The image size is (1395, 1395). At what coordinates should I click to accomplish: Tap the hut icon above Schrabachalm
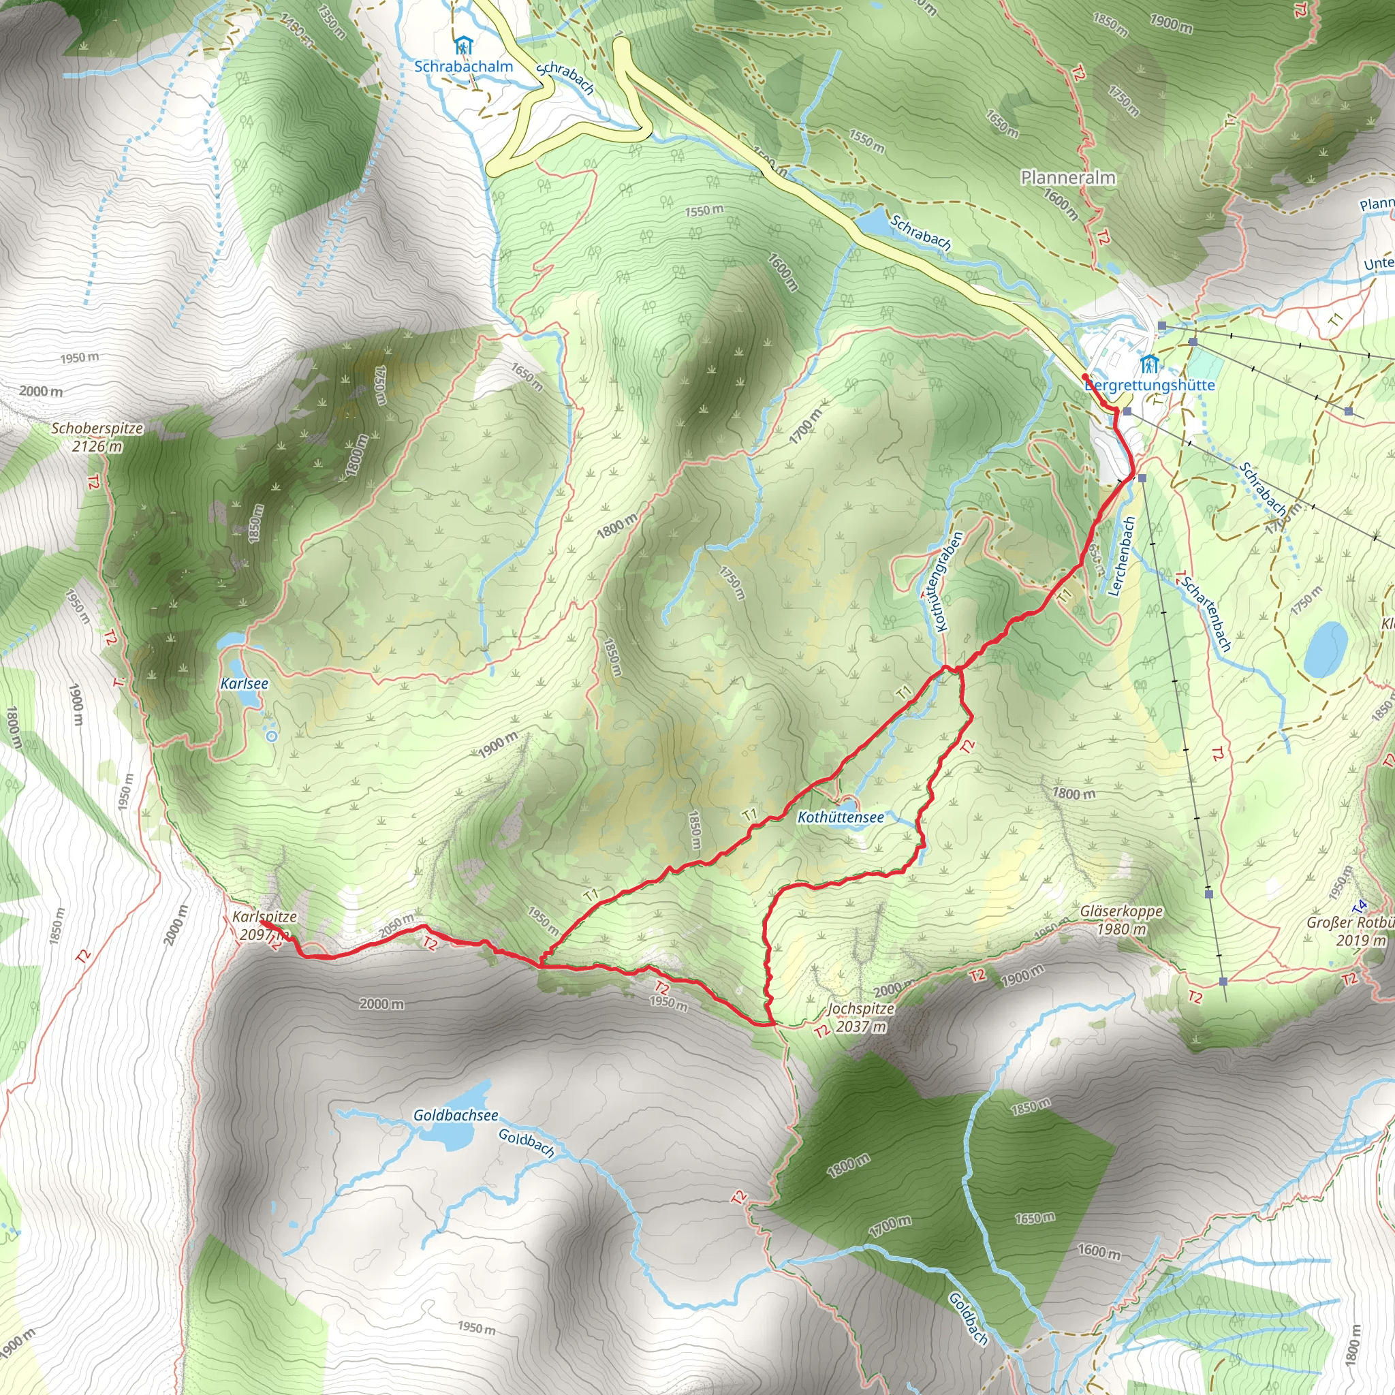(x=463, y=47)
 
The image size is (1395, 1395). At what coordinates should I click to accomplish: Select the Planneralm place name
(x=1068, y=178)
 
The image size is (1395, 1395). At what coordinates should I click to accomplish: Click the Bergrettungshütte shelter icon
(x=1149, y=364)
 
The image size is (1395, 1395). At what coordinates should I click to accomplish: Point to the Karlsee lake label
(x=244, y=683)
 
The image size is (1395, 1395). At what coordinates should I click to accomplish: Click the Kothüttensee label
(x=841, y=817)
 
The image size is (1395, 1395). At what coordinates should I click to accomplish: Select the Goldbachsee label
(x=455, y=1115)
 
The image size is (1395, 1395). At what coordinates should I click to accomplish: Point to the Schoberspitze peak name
(x=97, y=428)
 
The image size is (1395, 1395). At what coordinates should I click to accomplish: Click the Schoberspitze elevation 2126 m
(x=97, y=446)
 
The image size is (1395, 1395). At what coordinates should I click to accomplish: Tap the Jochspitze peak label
(x=861, y=1009)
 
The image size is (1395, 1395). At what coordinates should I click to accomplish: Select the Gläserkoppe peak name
(x=1121, y=911)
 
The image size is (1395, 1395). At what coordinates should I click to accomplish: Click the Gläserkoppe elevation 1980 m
(x=1121, y=928)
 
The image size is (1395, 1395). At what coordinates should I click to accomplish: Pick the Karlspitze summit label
(x=264, y=916)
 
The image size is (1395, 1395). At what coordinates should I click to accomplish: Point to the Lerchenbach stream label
(x=1121, y=556)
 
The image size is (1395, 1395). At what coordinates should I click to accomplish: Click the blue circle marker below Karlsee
(x=272, y=736)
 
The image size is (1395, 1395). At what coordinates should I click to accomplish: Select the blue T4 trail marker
(x=1361, y=905)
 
